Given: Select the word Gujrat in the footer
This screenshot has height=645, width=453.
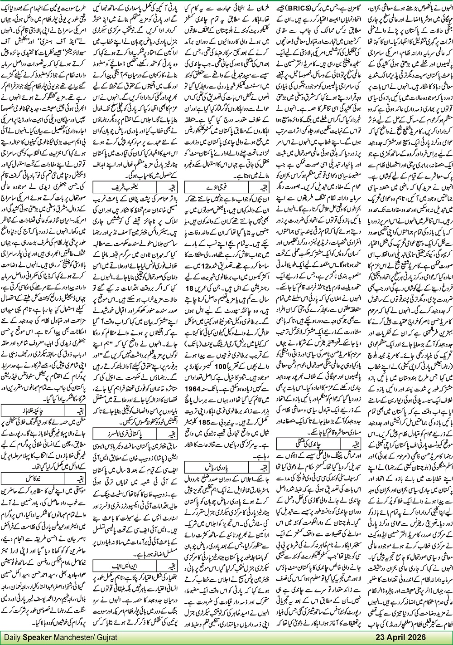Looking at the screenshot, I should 105,637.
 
